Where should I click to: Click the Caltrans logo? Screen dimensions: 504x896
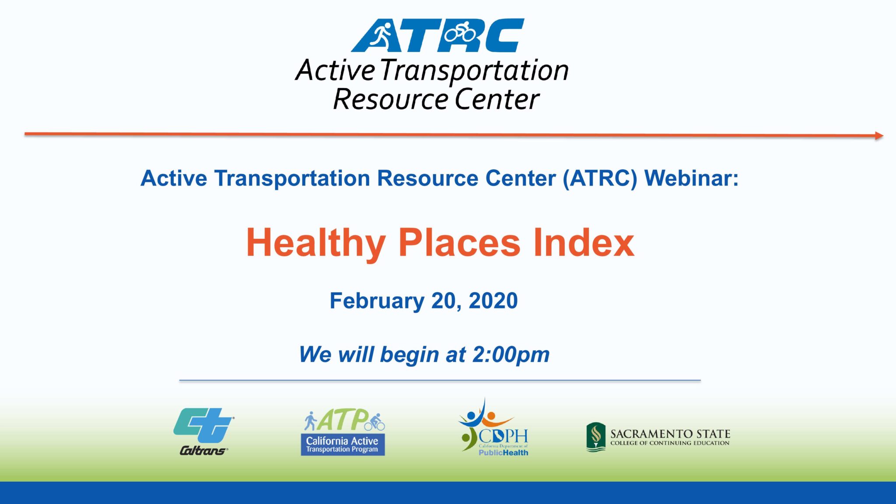pyautogui.click(x=203, y=431)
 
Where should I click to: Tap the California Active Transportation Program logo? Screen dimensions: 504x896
pyautogui.click(x=343, y=432)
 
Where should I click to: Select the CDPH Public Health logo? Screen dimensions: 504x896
pyautogui.click(x=493, y=429)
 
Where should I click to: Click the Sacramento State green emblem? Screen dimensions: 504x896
pyautogui.click(x=595, y=437)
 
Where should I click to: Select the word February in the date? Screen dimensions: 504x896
pyautogui.click(x=377, y=301)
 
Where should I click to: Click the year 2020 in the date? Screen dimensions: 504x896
pyautogui.click(x=493, y=301)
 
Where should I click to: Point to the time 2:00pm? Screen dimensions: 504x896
pyautogui.click(x=511, y=354)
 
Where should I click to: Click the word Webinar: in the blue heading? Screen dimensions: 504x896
pyautogui.click(x=691, y=178)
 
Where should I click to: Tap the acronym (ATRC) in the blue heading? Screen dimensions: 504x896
pyautogui.click(x=600, y=178)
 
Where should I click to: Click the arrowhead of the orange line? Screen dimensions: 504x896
pyautogui.click(x=878, y=136)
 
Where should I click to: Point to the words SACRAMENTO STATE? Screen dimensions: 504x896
pyautogui.click(x=670, y=434)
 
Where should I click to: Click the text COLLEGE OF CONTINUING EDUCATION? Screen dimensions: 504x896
pyautogui.click(x=670, y=443)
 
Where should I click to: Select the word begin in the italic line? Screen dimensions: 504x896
pyautogui.click(x=409, y=354)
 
